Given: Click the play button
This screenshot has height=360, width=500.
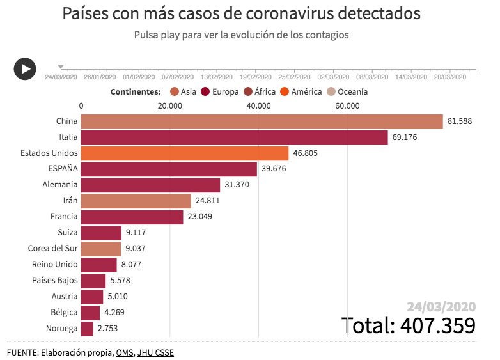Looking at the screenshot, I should [25, 68].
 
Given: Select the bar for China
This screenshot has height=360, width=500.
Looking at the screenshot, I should [262, 121].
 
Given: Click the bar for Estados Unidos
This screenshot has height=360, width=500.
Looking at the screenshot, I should [185, 153].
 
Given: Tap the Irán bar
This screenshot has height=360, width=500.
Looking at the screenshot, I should [136, 201].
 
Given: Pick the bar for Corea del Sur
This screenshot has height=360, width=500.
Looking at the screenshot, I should [101, 249].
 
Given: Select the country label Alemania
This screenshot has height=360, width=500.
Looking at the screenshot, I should [60, 185].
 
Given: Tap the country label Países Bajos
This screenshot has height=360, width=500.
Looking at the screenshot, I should [55, 281].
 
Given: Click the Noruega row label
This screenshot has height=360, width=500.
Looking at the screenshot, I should [62, 329].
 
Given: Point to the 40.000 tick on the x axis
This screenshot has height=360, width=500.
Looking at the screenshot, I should [258, 106].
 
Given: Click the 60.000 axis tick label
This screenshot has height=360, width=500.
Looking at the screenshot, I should [347, 106].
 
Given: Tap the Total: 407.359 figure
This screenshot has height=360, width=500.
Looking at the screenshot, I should [409, 325].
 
